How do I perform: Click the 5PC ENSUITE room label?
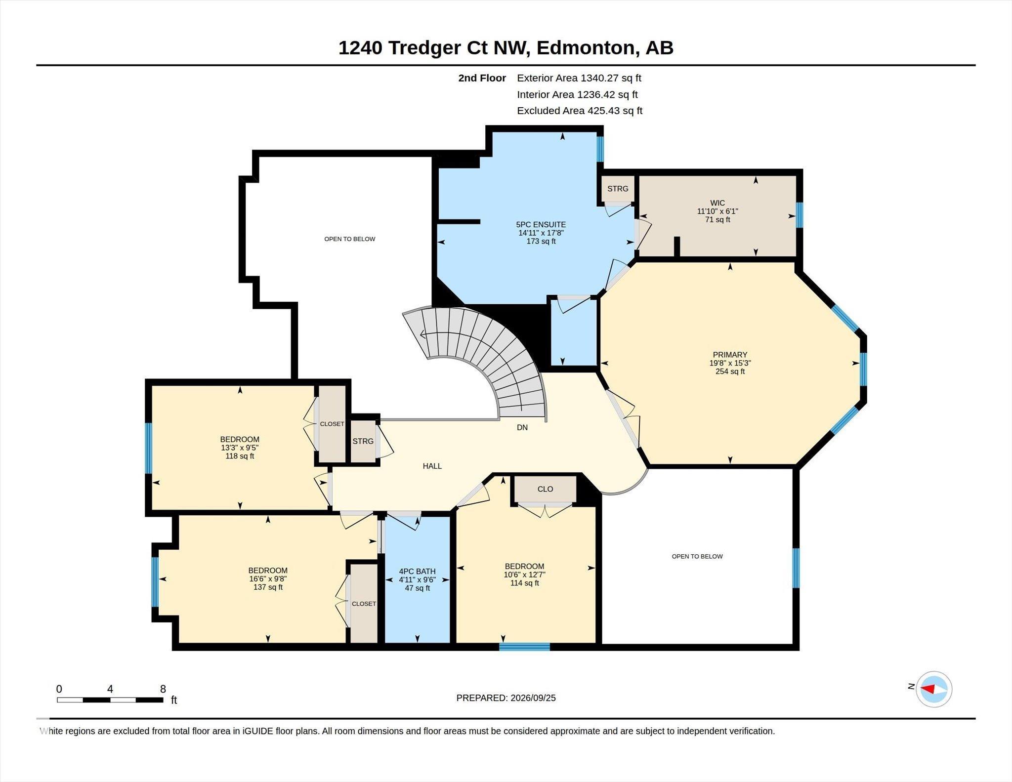[x=541, y=224]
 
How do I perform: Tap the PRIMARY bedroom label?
[x=730, y=355]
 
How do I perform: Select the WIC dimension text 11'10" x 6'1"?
[x=717, y=211]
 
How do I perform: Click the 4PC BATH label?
[x=418, y=572]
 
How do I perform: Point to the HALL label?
[x=432, y=466]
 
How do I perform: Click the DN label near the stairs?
[x=522, y=428]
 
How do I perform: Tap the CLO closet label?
[x=545, y=489]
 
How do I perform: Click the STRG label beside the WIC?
[x=618, y=189]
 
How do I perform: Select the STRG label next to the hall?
[x=363, y=441]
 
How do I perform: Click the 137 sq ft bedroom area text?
[x=268, y=587]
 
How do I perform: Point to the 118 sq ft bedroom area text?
[x=240, y=456]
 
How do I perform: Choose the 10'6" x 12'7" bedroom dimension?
[x=524, y=575]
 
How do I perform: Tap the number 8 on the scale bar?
[x=163, y=689]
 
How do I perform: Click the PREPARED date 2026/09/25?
[x=533, y=698]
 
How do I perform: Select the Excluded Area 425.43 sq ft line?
[x=580, y=111]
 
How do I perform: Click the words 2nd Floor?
[x=482, y=78]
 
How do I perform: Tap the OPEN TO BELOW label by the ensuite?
[x=350, y=239]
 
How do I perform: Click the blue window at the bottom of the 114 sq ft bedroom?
[x=524, y=647]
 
